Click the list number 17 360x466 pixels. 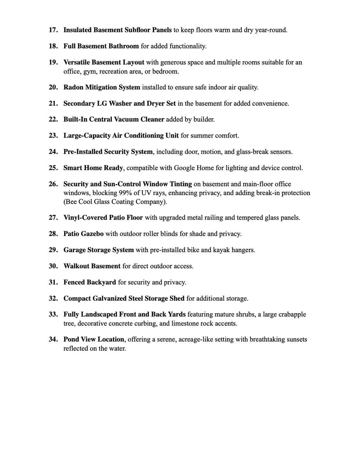click(53, 30)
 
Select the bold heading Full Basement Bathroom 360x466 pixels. click(101, 46)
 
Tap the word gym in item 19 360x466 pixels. click(96, 71)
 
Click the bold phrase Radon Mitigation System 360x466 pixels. click(102, 87)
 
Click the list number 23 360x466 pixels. click(53, 135)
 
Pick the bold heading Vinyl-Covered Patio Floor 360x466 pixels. click(103, 217)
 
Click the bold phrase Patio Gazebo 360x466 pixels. click(83, 233)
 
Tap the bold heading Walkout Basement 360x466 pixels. click(92, 266)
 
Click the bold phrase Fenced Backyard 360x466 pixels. click(89, 282)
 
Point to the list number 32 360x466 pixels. click(53, 298)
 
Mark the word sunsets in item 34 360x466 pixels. click(295, 339)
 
